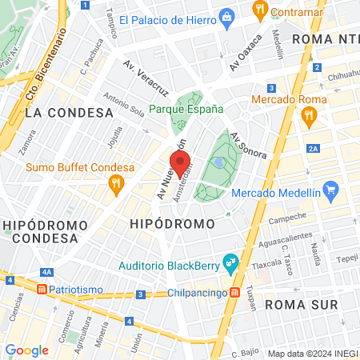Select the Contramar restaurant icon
tap(259, 10)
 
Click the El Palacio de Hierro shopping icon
tap(227, 17)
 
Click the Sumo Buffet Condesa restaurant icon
tap(116, 183)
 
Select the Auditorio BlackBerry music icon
tap(230, 262)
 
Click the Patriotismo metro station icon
tap(42, 287)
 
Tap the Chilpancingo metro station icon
tap(234, 292)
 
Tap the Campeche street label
tap(288, 218)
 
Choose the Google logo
tap(26, 350)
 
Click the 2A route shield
tap(313, 149)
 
